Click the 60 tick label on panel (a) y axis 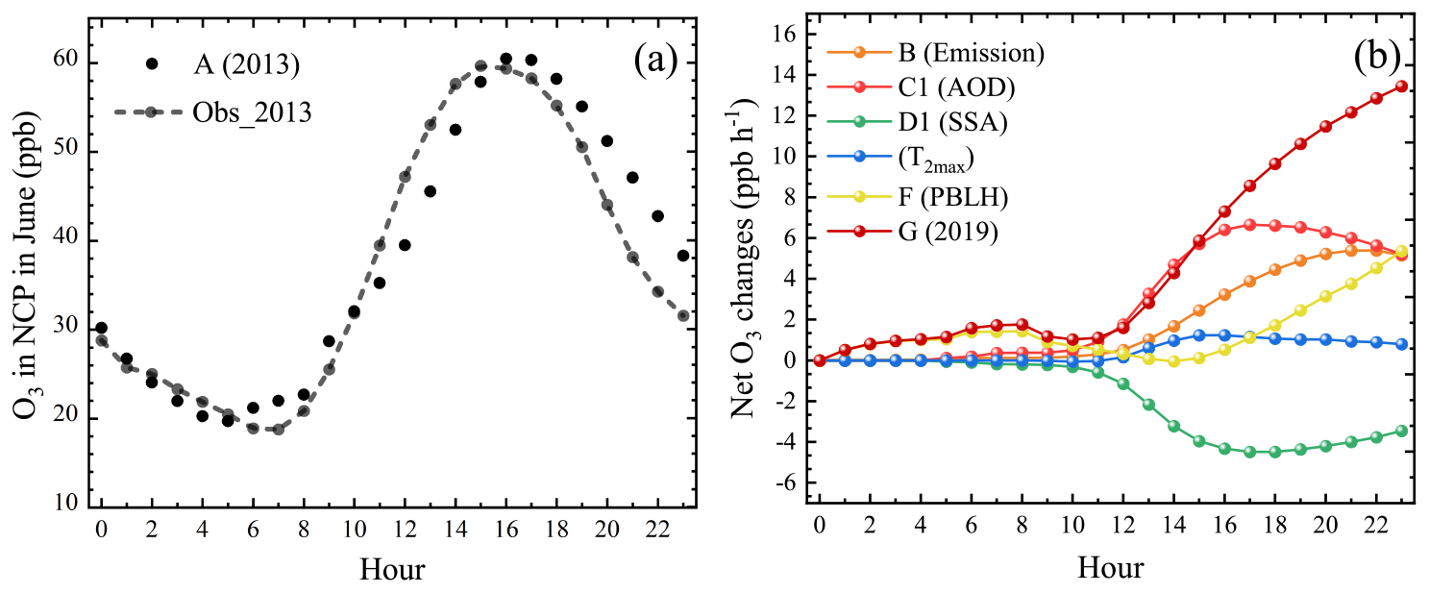65,63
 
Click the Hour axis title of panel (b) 1110,568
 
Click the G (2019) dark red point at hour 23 1401,86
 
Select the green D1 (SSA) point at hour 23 1401,431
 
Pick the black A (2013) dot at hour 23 682,256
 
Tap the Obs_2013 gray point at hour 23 682,315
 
